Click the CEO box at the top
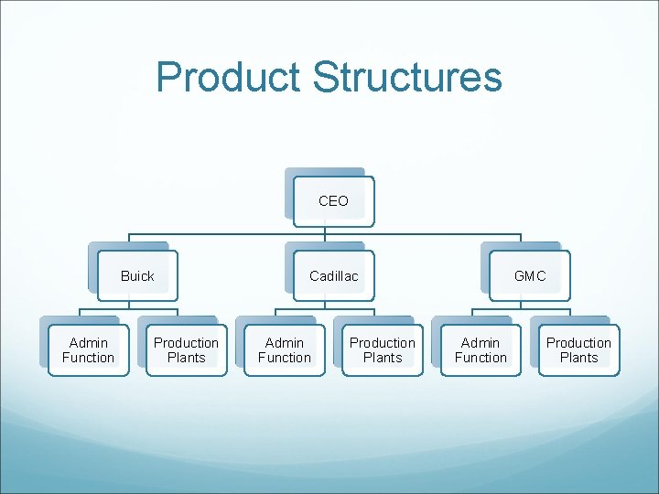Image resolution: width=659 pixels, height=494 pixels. pyautogui.click(x=333, y=201)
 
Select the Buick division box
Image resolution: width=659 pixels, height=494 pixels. pyautogui.click(x=137, y=276)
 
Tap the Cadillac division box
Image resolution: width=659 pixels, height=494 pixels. pyautogui.click(x=333, y=276)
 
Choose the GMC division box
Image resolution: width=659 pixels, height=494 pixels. pyautogui.click(x=530, y=276)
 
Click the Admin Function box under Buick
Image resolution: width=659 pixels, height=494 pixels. pyautogui.click(x=89, y=350)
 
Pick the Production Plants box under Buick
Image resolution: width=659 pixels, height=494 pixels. pyautogui.click(x=187, y=350)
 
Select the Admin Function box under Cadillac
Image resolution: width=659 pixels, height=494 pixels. pyautogui.click(x=285, y=350)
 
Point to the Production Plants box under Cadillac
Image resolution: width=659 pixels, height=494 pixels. pyautogui.click(x=383, y=350)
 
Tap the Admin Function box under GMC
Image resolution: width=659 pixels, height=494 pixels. pyautogui.click(x=481, y=350)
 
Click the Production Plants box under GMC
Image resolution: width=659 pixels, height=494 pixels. pyautogui.click(x=578, y=350)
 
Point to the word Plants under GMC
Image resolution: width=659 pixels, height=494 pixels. pyautogui.click(x=578, y=358)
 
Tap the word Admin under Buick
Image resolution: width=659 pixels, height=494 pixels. pyautogui.click(x=89, y=343)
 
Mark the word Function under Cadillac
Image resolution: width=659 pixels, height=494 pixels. pyautogui.click(x=285, y=358)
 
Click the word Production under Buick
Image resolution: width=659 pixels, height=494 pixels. pyautogui.click(x=187, y=343)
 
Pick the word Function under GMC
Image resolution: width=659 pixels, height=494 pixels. pyautogui.click(x=481, y=358)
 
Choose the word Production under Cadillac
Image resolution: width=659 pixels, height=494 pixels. pyautogui.click(x=383, y=343)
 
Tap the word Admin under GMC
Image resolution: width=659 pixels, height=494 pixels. pyautogui.click(x=481, y=343)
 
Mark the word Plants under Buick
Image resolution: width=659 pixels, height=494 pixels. pyautogui.click(x=187, y=358)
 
